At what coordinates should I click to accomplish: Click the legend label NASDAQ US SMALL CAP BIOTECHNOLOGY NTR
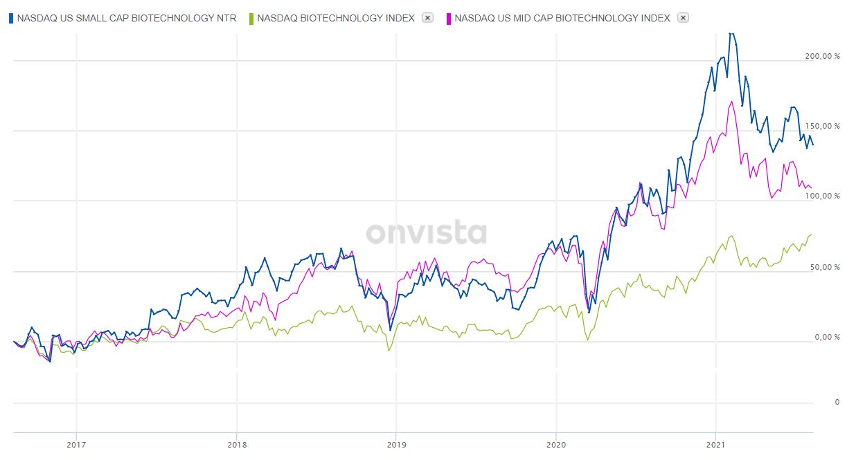126,18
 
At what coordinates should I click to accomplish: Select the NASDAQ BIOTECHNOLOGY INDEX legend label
336,18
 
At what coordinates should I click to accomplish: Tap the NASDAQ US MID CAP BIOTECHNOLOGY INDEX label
562,18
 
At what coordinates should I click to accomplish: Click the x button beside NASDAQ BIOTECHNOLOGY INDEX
427,18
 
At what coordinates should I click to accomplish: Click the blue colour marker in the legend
10,18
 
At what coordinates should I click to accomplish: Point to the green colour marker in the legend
251,18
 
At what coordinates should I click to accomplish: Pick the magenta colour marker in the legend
449,18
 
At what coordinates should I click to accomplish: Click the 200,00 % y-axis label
822,57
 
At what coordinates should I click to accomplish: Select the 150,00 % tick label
822,127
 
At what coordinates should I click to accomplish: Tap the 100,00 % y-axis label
822,196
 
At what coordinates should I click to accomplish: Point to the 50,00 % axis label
824,268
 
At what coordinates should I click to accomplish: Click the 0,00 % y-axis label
826,338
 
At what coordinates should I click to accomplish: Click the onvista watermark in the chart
427,233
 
